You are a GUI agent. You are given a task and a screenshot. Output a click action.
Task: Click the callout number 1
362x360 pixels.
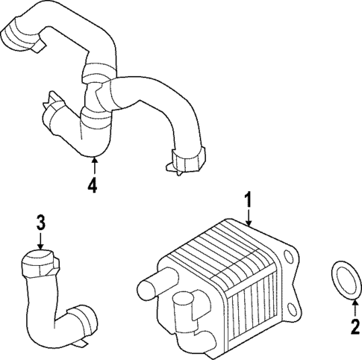[248, 201]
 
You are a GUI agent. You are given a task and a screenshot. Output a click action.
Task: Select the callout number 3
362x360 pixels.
[41, 222]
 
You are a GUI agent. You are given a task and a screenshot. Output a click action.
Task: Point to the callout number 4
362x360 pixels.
[93, 184]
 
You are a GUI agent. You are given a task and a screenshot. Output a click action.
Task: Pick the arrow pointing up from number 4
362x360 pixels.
[93, 166]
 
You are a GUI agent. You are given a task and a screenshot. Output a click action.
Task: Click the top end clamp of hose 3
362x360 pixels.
[38, 261]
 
